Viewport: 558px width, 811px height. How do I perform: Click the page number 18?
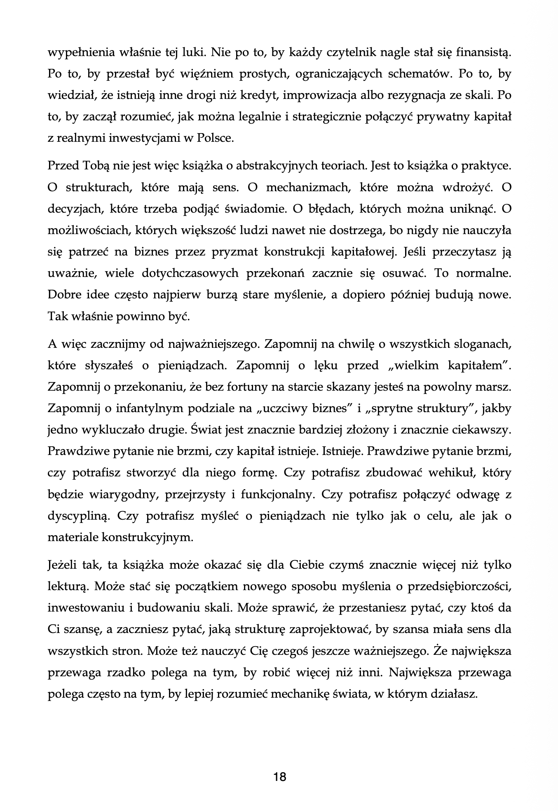pos(279,777)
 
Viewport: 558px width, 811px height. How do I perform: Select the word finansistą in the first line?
pos(479,53)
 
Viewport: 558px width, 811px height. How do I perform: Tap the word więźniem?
pos(192,74)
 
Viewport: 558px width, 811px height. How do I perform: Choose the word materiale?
pos(73,537)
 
